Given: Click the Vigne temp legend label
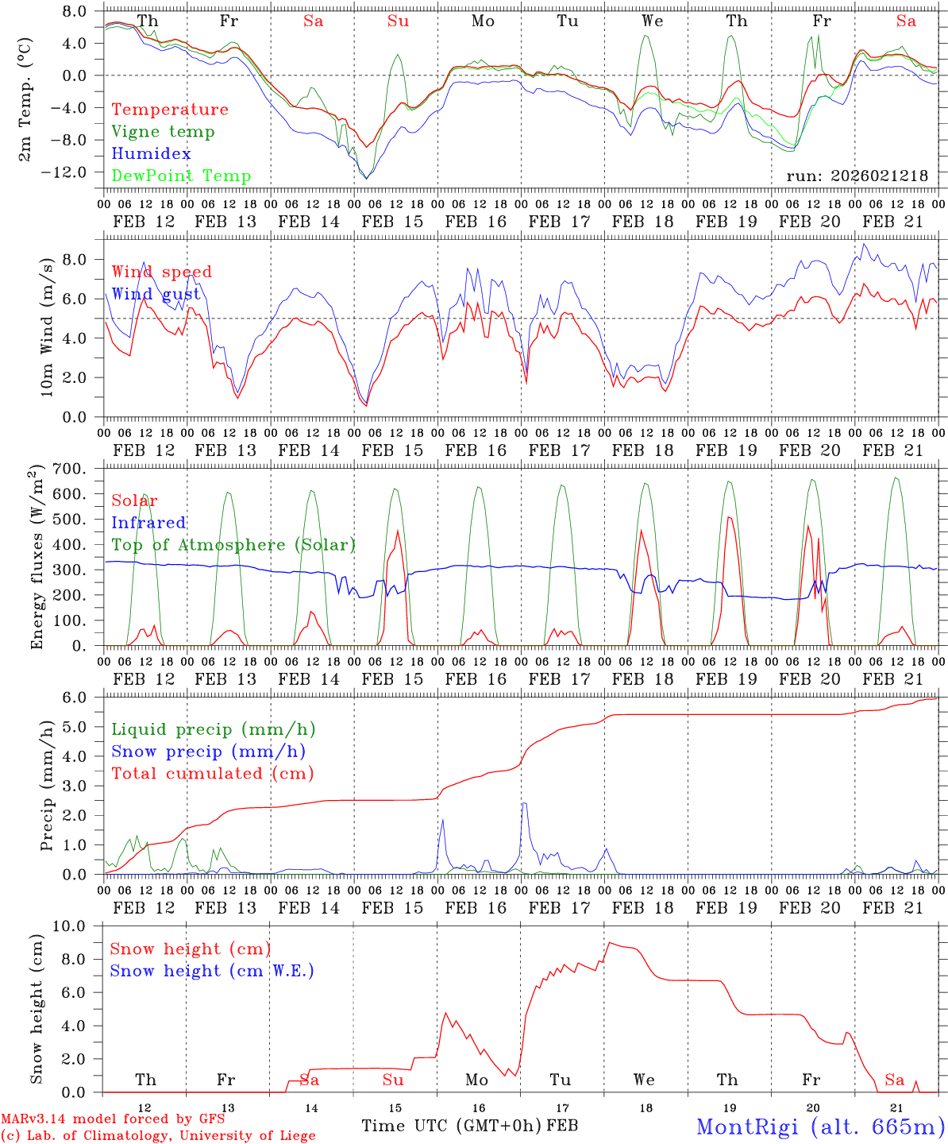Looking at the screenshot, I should (x=163, y=132).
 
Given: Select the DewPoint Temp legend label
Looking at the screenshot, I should (x=181, y=176).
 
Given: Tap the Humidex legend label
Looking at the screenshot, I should (x=151, y=154).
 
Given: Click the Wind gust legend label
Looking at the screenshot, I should (x=156, y=295).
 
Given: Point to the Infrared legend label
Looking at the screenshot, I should (x=148, y=523).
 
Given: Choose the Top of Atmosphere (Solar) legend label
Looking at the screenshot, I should (x=233, y=545).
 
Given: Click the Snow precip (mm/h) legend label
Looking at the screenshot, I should (x=208, y=752).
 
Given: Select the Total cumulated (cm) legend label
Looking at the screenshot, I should (x=212, y=774).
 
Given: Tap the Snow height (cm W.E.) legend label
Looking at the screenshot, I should (x=211, y=971).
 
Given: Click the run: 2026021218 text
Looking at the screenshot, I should (x=857, y=176).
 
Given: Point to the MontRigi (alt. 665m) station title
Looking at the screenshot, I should (x=820, y=1126).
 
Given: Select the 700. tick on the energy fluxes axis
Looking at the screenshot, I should (x=69, y=470).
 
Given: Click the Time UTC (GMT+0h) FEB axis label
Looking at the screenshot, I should (x=469, y=1126).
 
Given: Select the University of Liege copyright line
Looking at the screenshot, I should (x=158, y=1136).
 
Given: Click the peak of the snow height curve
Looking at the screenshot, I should (x=608, y=943).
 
